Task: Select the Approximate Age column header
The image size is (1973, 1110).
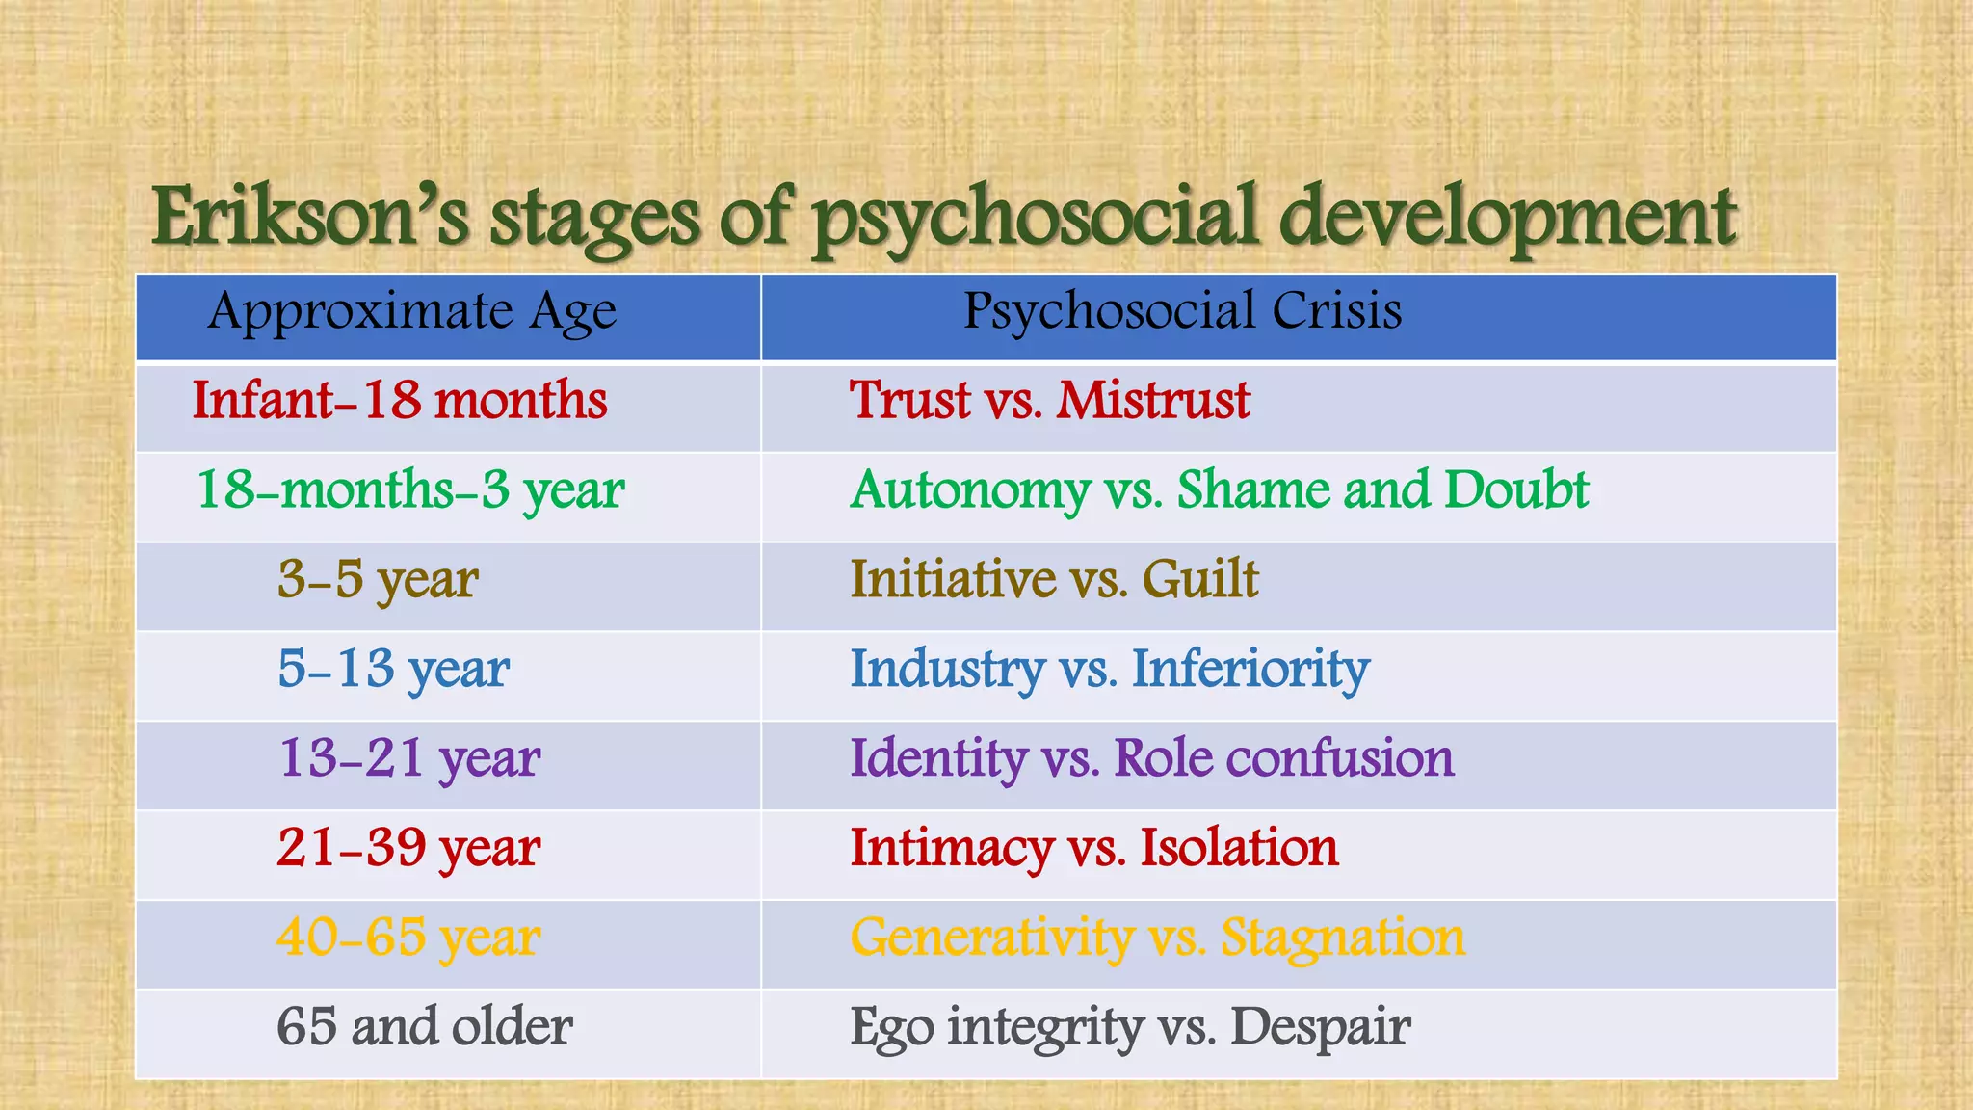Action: (411, 312)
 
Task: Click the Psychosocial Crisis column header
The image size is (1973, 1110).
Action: (1182, 311)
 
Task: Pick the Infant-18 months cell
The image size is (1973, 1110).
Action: (400, 401)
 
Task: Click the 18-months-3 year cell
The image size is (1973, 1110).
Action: (410, 490)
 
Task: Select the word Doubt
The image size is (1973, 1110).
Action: (1515, 489)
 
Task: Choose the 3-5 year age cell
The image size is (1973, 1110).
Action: (378, 580)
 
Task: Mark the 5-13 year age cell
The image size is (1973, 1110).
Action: (393, 670)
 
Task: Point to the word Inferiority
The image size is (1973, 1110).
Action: (1250, 670)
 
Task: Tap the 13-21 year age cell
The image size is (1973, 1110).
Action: (409, 759)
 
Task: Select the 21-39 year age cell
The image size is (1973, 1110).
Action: (408, 849)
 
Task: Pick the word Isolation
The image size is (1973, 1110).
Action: (1239, 848)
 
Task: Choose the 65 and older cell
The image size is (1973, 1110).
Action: (424, 1027)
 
